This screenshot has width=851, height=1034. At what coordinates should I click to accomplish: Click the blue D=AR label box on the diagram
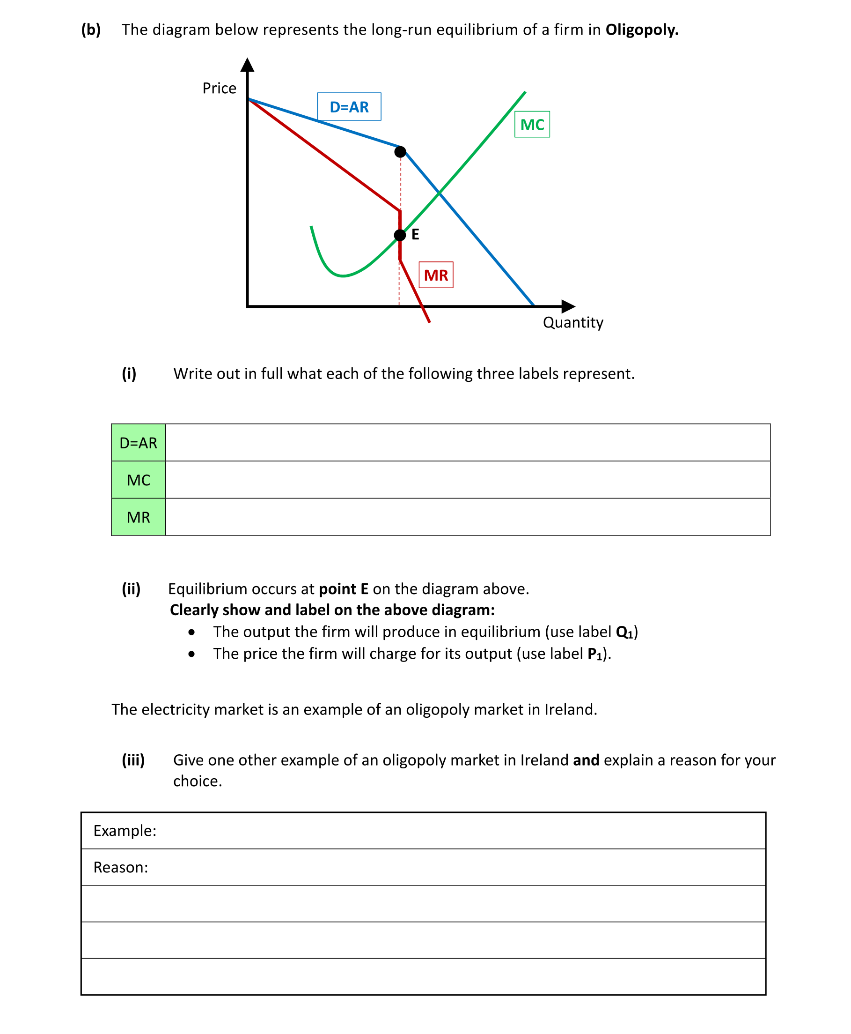[349, 106]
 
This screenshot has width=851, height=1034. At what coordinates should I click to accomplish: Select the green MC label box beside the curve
[532, 125]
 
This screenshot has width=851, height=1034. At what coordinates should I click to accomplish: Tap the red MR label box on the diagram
[436, 275]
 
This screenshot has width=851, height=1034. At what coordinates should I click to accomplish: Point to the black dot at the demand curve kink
[400, 152]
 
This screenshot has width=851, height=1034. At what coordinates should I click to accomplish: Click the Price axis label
[219, 88]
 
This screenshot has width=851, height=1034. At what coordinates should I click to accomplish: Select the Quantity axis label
[573, 322]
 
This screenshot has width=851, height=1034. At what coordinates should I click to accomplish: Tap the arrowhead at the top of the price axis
[248, 65]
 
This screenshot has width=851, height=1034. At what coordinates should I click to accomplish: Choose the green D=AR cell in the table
[138, 442]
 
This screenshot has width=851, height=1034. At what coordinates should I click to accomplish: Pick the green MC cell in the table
[138, 480]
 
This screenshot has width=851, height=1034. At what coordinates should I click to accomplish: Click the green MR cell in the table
[138, 517]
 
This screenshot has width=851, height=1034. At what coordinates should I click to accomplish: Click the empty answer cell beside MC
[467, 480]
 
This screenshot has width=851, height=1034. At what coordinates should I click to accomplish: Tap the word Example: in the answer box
[125, 831]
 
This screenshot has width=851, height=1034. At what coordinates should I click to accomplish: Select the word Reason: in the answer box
[121, 867]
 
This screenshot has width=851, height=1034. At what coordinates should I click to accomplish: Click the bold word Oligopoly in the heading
[642, 30]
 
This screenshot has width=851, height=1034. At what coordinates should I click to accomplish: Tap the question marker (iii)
[133, 760]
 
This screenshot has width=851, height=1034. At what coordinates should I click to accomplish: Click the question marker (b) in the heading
[91, 30]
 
